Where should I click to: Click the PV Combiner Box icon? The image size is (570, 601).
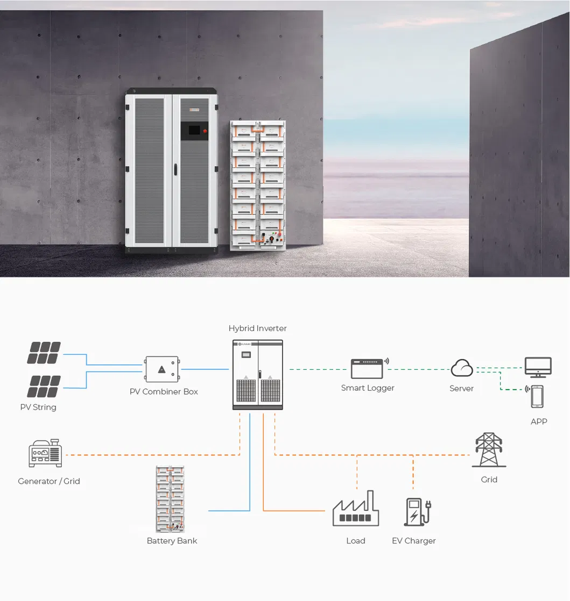pos(162,369)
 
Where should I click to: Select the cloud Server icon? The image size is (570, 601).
pos(462,368)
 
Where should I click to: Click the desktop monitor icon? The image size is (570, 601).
pos(538,367)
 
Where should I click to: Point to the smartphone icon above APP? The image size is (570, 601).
pos(537,397)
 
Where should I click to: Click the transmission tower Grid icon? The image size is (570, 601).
pos(489,450)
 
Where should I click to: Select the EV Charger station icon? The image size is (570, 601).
pos(418,512)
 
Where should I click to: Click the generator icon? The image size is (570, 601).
pos(45,453)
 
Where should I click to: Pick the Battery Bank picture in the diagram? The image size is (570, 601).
pos(170,499)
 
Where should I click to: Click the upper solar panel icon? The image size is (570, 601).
pos(44,353)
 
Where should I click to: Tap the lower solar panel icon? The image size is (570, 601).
pos(44,387)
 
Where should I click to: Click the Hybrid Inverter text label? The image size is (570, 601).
pos(258,328)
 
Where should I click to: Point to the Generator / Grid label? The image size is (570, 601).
pos(49,481)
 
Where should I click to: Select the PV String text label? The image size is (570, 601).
pos(38,407)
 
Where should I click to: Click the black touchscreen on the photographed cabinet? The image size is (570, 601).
pos(194,130)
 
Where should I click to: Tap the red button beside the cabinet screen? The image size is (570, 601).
pos(205,131)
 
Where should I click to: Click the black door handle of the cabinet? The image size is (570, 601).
pos(175,169)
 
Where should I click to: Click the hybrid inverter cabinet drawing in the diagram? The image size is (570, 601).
pos(258,375)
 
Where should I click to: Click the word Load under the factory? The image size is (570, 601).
pos(356,541)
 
